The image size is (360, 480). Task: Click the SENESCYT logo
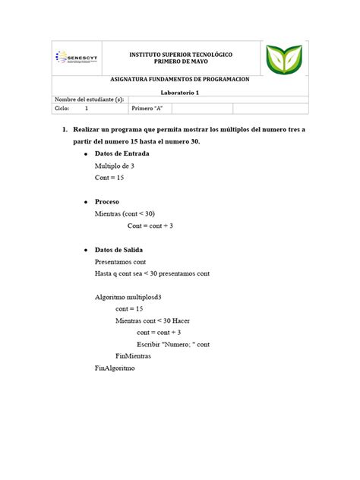click(x=77, y=58)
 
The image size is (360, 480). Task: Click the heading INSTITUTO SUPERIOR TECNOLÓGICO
click(x=180, y=55)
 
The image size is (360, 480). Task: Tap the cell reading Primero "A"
click(x=148, y=109)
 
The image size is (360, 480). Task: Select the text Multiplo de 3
click(x=114, y=166)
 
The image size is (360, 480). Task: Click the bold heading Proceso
click(x=106, y=202)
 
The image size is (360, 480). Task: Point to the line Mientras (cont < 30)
click(x=125, y=214)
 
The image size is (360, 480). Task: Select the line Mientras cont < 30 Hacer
click(x=153, y=321)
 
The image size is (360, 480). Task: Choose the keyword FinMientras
click(x=133, y=355)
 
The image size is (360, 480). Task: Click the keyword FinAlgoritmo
click(x=115, y=368)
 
